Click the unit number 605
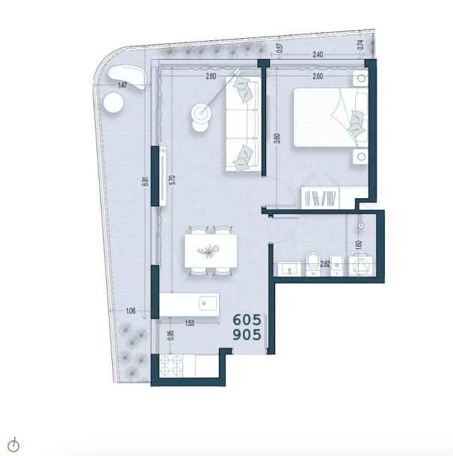tap(247, 320)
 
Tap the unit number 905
tap(247, 335)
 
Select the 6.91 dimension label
tap(147, 182)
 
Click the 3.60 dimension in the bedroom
tap(277, 138)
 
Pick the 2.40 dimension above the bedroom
tap(318, 55)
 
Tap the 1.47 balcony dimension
tap(123, 85)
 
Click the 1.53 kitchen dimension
tap(189, 323)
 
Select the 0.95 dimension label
tap(171, 336)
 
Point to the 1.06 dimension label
tap(131, 311)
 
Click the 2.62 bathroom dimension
tap(324, 264)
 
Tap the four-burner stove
tap(171, 366)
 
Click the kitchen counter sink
tap(208, 304)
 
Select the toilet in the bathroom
tap(312, 264)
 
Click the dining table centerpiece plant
tap(208, 250)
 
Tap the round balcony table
tap(114, 103)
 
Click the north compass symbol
tap(13, 445)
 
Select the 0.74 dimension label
tap(360, 44)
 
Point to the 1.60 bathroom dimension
tap(359, 245)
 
